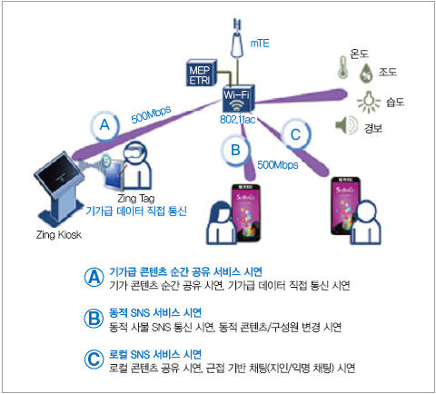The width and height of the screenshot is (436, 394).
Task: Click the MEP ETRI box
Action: [201, 73]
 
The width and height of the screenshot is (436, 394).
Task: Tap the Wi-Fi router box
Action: [238, 99]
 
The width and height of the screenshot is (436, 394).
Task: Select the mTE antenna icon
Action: [237, 38]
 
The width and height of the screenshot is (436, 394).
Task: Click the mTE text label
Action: [260, 44]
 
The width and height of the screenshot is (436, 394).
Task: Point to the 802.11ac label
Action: [237, 120]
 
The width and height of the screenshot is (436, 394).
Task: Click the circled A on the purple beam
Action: [104, 125]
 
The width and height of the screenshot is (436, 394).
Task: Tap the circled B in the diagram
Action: [235, 150]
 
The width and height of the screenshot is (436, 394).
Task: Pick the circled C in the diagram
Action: [295, 135]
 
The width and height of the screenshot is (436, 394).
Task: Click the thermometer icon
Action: [342, 67]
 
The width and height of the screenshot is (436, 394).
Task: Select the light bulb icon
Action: [369, 102]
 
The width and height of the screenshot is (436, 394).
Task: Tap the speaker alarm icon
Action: [347, 125]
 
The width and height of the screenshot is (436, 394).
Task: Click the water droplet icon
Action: [366, 74]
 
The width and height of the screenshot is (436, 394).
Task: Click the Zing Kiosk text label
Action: [59, 235]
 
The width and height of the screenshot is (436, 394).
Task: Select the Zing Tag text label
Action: [136, 199]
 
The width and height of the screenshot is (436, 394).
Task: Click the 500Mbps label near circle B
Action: [278, 165]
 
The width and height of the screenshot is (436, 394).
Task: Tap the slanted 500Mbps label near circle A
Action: [151, 114]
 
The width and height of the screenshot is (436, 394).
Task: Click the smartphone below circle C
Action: [346, 206]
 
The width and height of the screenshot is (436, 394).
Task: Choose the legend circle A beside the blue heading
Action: [94, 277]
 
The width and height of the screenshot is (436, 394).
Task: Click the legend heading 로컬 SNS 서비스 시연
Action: [155, 354]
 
